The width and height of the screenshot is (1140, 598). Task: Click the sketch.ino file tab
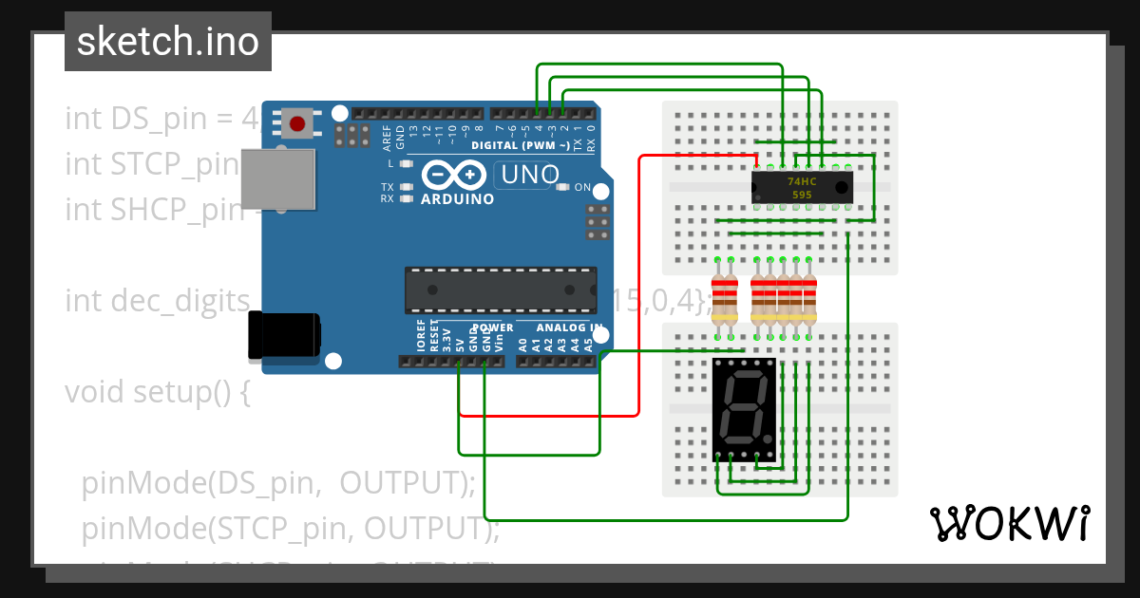pyautogui.click(x=167, y=42)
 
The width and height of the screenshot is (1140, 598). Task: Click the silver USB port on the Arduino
pyautogui.click(x=277, y=178)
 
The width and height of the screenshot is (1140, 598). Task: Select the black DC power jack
pyautogui.click(x=283, y=337)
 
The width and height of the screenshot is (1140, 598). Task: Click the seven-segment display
pyautogui.click(x=744, y=410)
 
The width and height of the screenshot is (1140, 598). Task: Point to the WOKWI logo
pyautogui.click(x=1009, y=523)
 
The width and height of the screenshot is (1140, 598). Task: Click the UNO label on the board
pyautogui.click(x=529, y=175)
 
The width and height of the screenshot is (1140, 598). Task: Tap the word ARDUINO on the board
pyautogui.click(x=457, y=199)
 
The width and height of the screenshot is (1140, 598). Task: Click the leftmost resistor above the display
pyautogui.click(x=724, y=298)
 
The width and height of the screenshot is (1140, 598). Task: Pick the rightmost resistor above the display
pyautogui.click(x=809, y=298)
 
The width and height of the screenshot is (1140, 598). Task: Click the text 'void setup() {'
pyautogui.click(x=157, y=391)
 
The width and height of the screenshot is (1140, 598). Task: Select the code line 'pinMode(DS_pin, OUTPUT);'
pyautogui.click(x=277, y=483)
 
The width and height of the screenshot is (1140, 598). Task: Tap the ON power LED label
pyautogui.click(x=582, y=187)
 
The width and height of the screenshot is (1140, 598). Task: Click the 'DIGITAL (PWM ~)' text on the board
pyautogui.click(x=521, y=145)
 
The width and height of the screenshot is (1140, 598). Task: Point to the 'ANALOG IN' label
pyautogui.click(x=569, y=327)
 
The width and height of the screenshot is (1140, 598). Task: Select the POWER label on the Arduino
pyautogui.click(x=492, y=327)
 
